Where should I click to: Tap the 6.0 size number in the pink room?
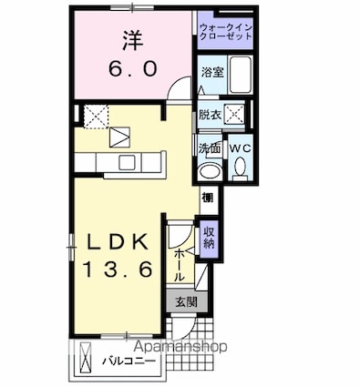(131, 68)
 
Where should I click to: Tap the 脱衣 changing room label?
(210, 115)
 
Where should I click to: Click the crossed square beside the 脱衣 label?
(234, 115)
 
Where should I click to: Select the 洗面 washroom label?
(209, 148)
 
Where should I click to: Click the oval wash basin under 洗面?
(210, 172)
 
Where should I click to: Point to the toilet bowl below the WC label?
(239, 168)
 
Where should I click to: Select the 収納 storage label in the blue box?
(209, 237)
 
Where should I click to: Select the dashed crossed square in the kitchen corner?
(95, 115)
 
